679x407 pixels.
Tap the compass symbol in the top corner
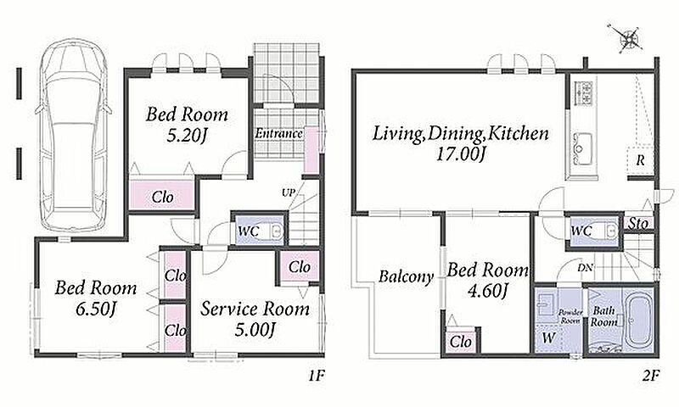click(x=627, y=39)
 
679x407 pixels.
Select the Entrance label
click(x=278, y=133)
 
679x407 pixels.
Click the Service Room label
click(x=255, y=309)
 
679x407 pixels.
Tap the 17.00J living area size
click(x=460, y=154)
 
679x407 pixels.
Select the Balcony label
click(x=406, y=276)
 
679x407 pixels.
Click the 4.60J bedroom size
click(x=487, y=291)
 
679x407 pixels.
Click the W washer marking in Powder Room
click(x=547, y=338)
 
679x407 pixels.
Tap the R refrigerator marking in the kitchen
click(x=640, y=160)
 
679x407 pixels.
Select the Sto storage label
click(x=639, y=223)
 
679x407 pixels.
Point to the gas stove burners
click(x=583, y=93)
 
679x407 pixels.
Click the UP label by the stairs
click(x=289, y=193)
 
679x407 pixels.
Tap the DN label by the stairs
click(x=585, y=268)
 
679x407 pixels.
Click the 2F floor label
click(x=650, y=376)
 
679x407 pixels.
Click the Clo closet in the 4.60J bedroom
click(x=461, y=341)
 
